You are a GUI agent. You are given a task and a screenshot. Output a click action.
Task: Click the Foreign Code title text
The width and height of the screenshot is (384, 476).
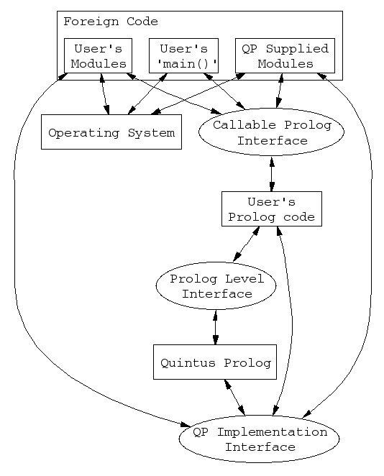(x=111, y=22)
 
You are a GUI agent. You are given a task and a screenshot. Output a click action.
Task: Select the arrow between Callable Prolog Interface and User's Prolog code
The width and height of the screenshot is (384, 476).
(x=272, y=173)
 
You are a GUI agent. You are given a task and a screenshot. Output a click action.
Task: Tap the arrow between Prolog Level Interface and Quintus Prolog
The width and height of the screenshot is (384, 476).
(x=216, y=327)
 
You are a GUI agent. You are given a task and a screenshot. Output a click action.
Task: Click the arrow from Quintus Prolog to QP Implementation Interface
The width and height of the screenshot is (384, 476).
(x=234, y=398)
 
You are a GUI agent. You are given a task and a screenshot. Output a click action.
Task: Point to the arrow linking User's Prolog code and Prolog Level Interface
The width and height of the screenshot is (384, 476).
(x=246, y=244)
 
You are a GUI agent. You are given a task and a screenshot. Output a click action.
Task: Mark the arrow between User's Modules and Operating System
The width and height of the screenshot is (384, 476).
(x=105, y=93)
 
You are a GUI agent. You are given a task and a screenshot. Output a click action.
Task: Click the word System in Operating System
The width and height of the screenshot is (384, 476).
(x=151, y=133)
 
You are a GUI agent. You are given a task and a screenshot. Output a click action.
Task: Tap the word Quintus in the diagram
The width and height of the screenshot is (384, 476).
(x=188, y=363)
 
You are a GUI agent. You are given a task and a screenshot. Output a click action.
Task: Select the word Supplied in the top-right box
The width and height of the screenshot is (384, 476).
(x=297, y=49)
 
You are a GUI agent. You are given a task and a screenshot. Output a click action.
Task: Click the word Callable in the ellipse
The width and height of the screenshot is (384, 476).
(x=244, y=125)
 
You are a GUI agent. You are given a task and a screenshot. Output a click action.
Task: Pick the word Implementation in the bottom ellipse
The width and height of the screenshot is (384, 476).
(x=273, y=432)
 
